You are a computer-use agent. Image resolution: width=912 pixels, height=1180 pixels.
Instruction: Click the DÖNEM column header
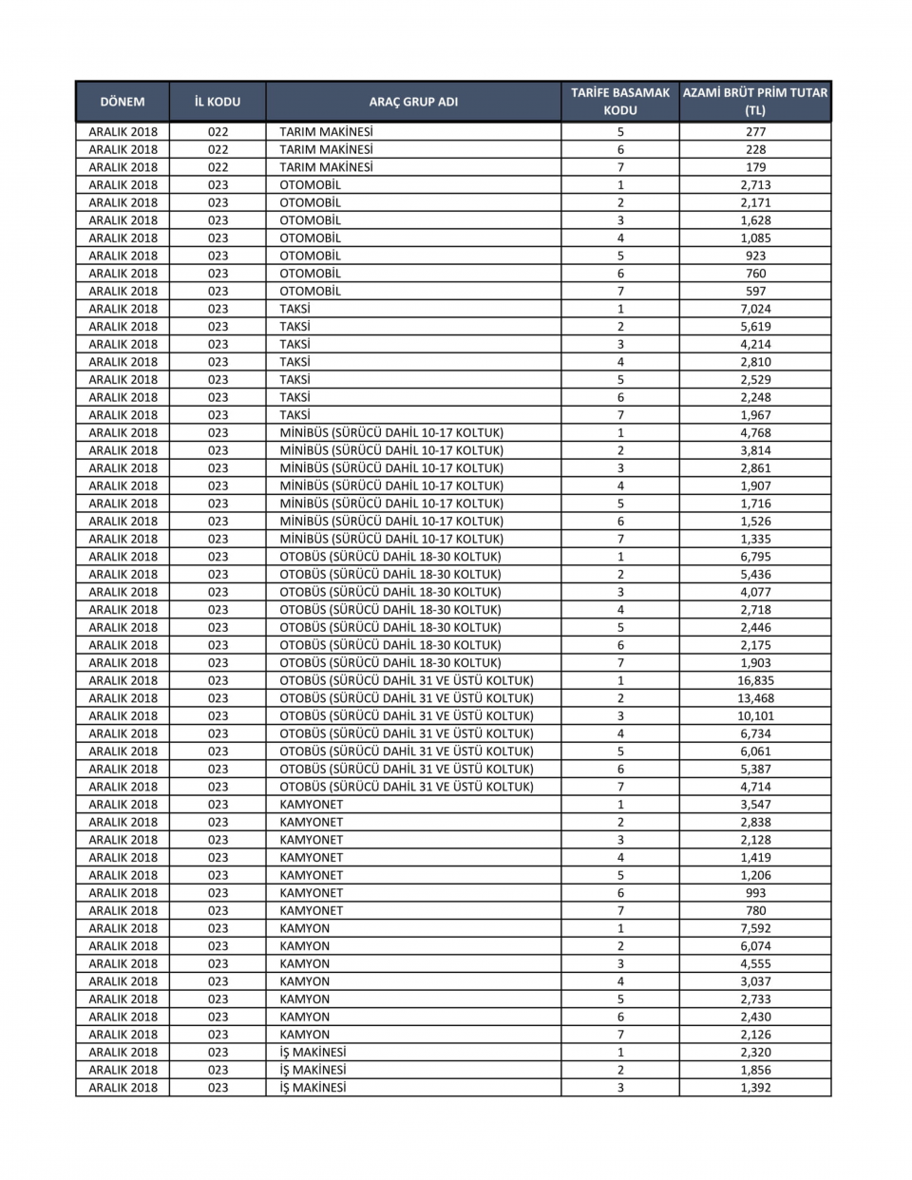(x=123, y=102)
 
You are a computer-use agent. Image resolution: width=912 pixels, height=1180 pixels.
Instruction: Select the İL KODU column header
(x=218, y=102)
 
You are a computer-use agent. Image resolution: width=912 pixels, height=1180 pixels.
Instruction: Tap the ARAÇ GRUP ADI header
(x=413, y=102)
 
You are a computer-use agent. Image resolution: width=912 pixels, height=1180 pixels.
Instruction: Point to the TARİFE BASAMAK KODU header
(x=620, y=102)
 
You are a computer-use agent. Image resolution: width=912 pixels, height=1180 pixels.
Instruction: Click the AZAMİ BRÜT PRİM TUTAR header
(x=755, y=102)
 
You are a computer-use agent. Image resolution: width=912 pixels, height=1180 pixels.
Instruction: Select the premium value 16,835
(x=755, y=680)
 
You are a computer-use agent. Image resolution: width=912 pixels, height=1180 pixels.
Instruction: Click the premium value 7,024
(x=755, y=309)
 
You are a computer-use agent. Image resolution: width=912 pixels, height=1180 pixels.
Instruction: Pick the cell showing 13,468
(x=755, y=698)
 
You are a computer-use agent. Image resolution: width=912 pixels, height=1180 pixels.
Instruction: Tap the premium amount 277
(x=755, y=132)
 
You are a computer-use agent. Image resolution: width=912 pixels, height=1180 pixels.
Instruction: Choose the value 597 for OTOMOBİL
(x=755, y=291)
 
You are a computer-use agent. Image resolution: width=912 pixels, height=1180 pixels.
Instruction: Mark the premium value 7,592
(x=755, y=928)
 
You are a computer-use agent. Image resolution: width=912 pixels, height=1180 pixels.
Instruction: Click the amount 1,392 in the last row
(x=755, y=1088)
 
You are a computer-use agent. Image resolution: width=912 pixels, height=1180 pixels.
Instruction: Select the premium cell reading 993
(x=755, y=893)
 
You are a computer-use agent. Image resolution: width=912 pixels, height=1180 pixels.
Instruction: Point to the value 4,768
(x=755, y=432)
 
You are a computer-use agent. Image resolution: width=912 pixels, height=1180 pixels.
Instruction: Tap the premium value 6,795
(x=755, y=557)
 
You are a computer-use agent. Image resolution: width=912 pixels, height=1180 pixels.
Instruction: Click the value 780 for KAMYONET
(x=755, y=910)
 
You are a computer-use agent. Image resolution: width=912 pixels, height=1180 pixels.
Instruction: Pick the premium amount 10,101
(x=755, y=715)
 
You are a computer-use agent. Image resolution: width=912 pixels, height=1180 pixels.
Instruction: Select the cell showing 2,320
(x=755, y=1052)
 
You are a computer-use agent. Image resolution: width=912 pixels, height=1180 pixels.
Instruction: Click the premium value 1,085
(x=755, y=238)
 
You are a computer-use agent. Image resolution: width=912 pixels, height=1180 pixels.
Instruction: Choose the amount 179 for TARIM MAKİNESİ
(x=755, y=167)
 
